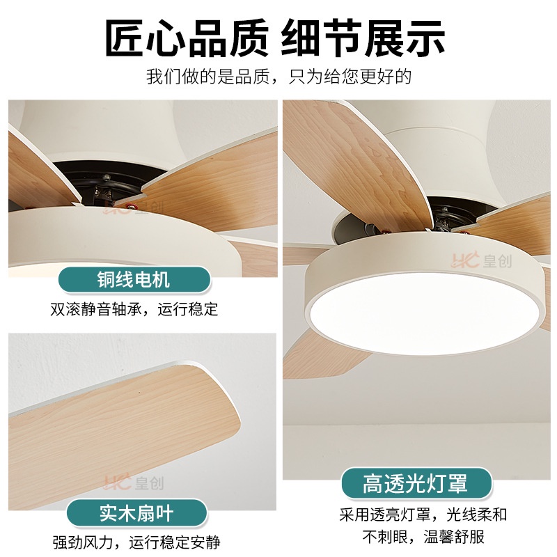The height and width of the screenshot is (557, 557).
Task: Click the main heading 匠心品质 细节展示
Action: (x=275, y=38)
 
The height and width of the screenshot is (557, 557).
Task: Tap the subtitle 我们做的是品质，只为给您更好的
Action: (x=278, y=77)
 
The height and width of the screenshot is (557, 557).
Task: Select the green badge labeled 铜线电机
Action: (x=134, y=279)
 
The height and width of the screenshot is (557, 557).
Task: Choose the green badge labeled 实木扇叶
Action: (x=136, y=512)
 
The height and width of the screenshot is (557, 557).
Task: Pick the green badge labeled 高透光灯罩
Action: (x=416, y=483)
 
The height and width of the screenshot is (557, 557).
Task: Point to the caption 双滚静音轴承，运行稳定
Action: (x=134, y=309)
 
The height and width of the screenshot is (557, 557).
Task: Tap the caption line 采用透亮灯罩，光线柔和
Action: (x=423, y=515)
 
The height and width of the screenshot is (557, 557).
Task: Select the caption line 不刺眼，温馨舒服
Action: (x=423, y=537)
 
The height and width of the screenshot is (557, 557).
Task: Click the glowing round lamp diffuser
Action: (x=425, y=313)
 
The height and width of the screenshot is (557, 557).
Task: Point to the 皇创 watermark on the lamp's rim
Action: (x=482, y=260)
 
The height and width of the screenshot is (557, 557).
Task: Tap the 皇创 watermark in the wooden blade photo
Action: (x=134, y=483)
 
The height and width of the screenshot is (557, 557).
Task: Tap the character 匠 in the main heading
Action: (x=125, y=38)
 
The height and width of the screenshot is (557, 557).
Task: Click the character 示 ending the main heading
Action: (x=425, y=38)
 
